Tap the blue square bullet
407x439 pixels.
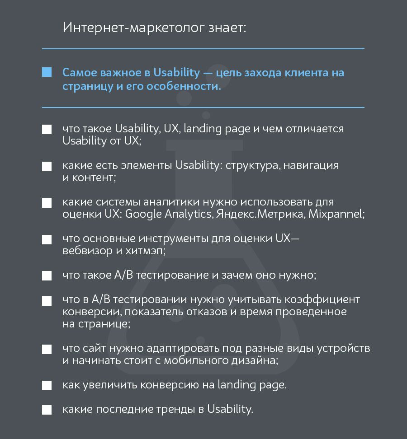[x=47, y=72]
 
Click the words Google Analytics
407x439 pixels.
[x=168, y=214]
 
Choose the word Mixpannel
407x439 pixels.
[x=336, y=214]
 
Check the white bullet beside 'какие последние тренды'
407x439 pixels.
[x=47, y=410]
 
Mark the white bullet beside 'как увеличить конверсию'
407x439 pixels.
[x=47, y=386]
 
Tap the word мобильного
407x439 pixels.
[x=204, y=361]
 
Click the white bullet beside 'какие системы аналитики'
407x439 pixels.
[x=47, y=202]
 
